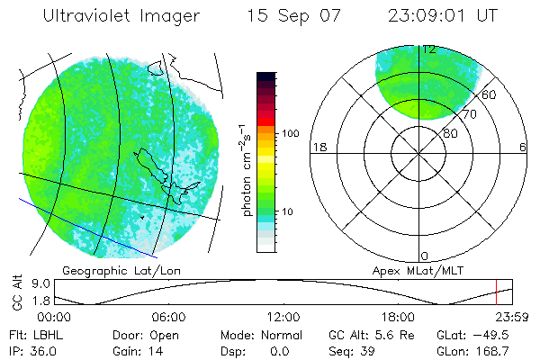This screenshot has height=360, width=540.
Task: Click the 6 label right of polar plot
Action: click(x=523, y=147)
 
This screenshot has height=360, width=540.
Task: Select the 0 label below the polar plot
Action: click(x=425, y=256)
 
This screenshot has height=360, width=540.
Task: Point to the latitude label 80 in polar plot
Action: click(x=450, y=133)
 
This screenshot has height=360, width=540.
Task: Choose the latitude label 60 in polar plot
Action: click(x=490, y=94)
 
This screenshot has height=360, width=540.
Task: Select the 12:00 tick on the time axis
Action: click(x=283, y=317)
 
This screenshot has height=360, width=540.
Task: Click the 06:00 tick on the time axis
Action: click(x=168, y=317)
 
